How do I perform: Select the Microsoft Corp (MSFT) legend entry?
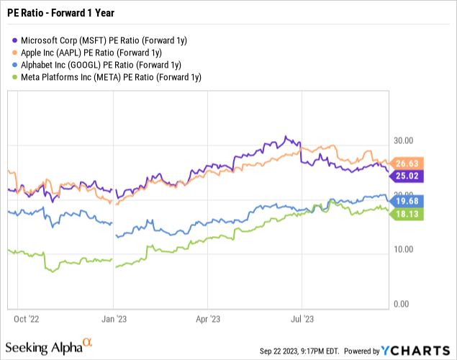90,40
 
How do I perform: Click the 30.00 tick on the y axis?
405,140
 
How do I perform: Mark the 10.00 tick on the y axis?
405,250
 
